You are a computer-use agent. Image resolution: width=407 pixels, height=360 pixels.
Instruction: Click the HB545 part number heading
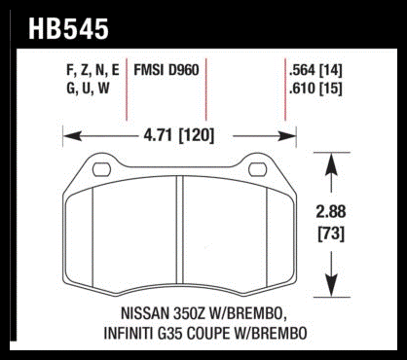68,29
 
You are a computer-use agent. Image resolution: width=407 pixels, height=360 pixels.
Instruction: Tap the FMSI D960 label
166,70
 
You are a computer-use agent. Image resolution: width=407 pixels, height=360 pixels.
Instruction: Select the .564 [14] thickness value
315,71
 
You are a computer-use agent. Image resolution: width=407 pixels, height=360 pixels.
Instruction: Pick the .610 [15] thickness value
315,89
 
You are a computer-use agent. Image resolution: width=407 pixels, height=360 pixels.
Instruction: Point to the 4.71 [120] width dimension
179,135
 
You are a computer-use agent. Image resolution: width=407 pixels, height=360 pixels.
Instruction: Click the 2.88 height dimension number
331,212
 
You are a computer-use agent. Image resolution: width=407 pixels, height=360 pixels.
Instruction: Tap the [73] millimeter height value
331,234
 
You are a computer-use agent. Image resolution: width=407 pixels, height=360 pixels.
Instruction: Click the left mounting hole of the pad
101,170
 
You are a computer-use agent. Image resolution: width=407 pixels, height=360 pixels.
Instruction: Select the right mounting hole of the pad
257,170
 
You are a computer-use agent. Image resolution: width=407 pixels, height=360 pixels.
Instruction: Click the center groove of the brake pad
180,230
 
